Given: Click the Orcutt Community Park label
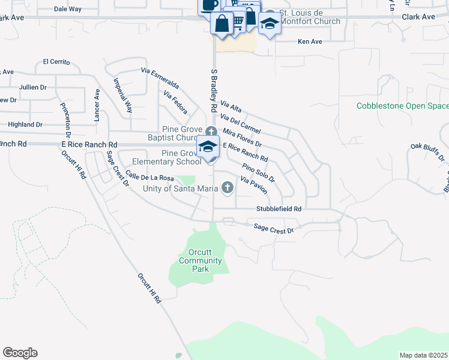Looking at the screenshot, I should (x=200, y=261).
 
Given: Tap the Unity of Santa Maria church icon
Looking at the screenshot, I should (x=227, y=188).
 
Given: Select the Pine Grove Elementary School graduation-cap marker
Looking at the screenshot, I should (x=208, y=146).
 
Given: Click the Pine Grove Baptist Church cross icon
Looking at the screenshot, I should (x=211, y=131).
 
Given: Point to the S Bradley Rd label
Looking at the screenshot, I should (x=213, y=90).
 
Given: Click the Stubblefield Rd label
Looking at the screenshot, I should (x=279, y=209).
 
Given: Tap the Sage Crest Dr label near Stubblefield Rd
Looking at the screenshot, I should (x=273, y=228).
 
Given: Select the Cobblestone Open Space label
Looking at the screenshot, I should (x=402, y=106).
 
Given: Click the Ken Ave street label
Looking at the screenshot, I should (x=310, y=42).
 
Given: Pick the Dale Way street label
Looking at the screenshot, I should (x=67, y=9).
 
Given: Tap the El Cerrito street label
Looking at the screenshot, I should (x=56, y=62).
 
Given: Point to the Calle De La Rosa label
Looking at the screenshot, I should (x=149, y=178).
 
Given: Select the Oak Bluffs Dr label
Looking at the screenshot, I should (x=427, y=152).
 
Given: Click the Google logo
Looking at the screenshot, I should (x=20, y=353).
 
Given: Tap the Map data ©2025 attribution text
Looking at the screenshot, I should (x=423, y=355).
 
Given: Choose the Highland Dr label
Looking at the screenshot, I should (x=25, y=124).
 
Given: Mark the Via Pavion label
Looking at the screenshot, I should (x=253, y=185).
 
